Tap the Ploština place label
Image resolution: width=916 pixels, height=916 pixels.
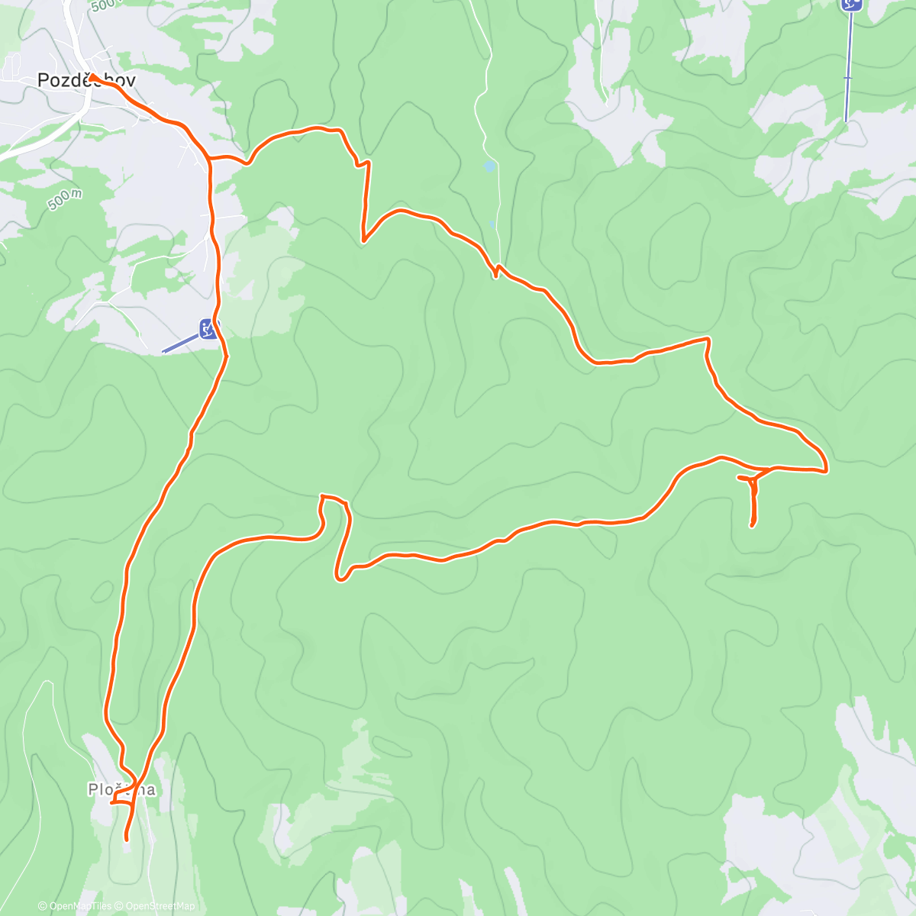(121, 790)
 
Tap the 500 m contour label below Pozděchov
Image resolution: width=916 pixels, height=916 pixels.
(64, 200)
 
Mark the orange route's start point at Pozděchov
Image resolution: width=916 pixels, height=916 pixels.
(91, 77)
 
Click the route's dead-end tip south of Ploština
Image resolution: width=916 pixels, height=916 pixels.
(126, 840)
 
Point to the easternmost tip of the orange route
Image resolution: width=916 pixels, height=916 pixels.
(827, 469)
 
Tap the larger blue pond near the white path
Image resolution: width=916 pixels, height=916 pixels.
(489, 166)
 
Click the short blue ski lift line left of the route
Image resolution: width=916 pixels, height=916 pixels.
(180, 343)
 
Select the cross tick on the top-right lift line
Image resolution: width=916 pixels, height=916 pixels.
(847, 78)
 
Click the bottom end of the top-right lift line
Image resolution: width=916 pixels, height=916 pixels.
(846, 121)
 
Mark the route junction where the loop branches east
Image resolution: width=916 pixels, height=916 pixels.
(208, 159)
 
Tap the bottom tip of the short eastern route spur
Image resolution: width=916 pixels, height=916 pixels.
(752, 525)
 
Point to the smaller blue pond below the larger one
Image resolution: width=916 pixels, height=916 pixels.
(492, 224)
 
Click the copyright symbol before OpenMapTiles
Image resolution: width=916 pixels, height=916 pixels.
(42, 906)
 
